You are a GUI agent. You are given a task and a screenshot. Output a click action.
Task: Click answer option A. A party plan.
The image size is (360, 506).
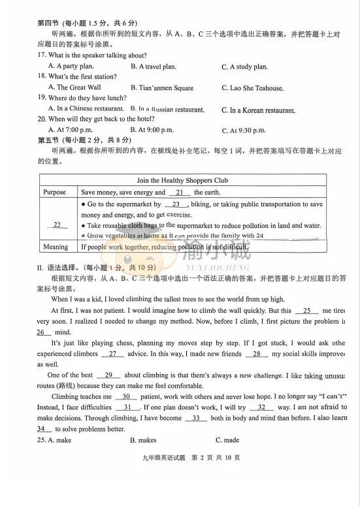click(x=71, y=66)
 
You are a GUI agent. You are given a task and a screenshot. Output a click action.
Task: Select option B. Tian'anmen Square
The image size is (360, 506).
click(x=161, y=87)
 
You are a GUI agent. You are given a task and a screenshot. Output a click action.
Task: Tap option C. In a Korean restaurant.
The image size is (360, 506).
click(x=258, y=110)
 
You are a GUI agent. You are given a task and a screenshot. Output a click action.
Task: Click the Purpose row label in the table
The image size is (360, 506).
click(x=55, y=193)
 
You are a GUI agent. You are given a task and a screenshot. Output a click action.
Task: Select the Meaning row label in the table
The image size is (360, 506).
click(x=56, y=247)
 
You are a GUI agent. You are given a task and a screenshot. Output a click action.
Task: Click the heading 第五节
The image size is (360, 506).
click(x=50, y=139)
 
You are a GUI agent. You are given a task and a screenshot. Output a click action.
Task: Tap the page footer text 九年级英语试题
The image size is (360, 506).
click(x=161, y=457)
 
